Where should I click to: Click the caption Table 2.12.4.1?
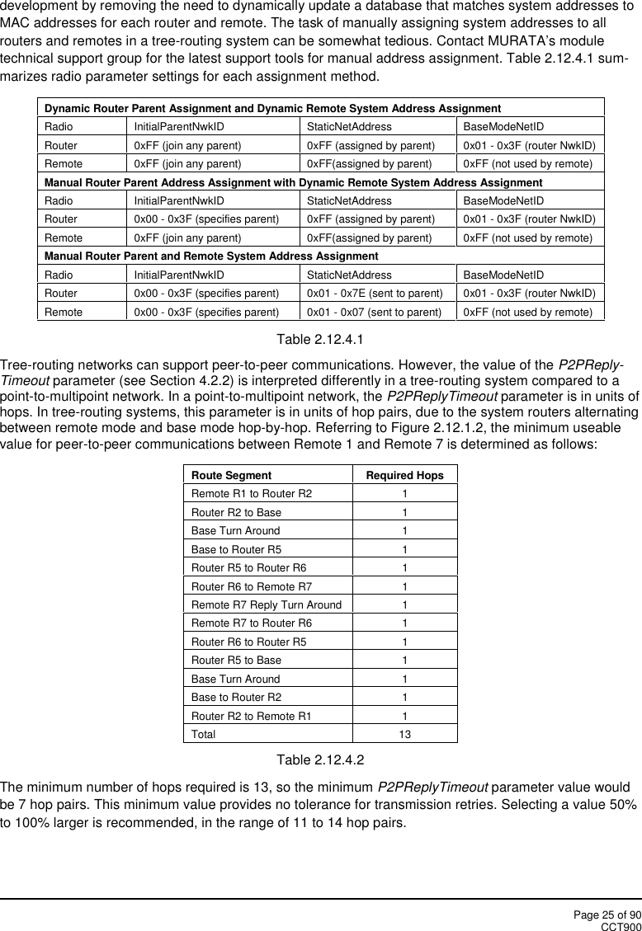click(321, 339)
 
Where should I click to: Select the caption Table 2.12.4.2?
click(321, 759)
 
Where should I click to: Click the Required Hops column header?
click(404, 475)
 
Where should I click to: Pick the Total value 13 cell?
click(404, 734)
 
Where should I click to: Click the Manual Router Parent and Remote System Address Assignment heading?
click(211, 256)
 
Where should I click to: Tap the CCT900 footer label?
click(621, 926)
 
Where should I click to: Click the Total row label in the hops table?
click(204, 734)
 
